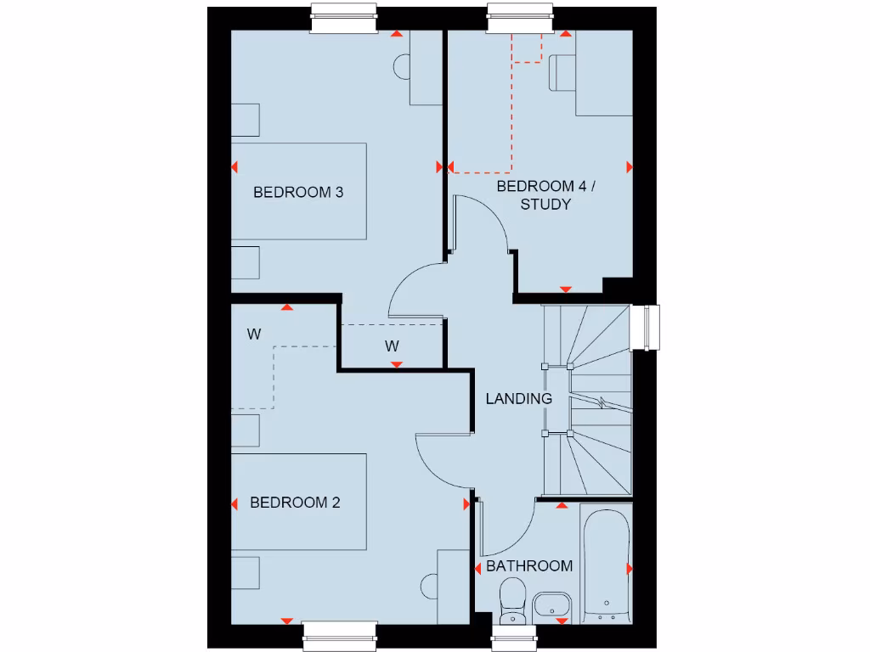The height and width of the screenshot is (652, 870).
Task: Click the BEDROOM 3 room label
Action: click(298, 192)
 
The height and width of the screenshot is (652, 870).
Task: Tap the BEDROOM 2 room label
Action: click(295, 503)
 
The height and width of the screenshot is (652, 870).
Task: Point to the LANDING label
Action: click(519, 398)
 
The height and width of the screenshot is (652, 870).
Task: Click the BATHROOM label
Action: click(528, 566)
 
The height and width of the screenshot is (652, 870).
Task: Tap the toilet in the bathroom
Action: click(512, 600)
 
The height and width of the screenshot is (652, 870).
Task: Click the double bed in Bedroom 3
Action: click(299, 191)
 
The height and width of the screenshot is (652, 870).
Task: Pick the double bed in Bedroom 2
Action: click(299, 503)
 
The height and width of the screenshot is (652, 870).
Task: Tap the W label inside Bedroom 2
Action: click(254, 334)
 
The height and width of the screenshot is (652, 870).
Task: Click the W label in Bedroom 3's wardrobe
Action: click(392, 346)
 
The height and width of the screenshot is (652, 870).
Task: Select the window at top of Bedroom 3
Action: click(344, 18)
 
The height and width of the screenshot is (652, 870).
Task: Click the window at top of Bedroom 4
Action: click(521, 18)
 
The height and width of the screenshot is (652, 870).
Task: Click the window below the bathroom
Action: click(514, 638)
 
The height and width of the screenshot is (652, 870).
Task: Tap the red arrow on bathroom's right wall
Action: click(629, 567)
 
